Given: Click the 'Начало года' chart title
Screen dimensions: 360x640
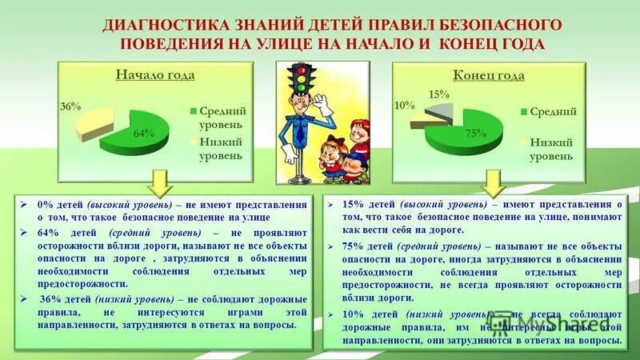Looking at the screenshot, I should [155, 76].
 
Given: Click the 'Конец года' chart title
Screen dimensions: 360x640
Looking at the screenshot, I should [488, 76].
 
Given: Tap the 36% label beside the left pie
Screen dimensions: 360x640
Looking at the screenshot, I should [69, 106].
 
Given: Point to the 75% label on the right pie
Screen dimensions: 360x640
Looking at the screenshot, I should [476, 134].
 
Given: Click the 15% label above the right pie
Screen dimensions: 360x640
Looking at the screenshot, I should [438, 94].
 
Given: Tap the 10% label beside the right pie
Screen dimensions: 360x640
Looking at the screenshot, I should [404, 106].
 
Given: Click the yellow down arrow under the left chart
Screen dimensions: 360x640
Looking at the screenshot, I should [160, 182].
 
